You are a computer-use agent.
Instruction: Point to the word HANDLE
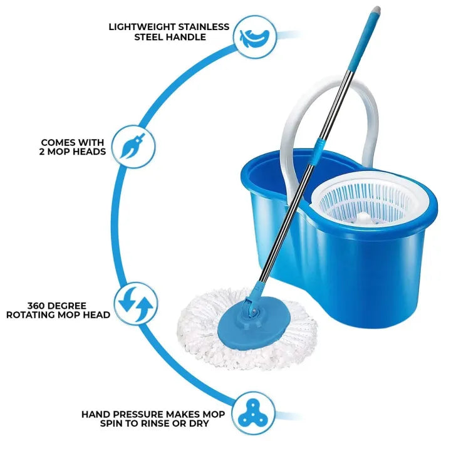[x=189, y=37]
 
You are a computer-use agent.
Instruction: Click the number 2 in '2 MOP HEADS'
[x=43, y=152]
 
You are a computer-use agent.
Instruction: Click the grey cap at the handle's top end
[x=375, y=11]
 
